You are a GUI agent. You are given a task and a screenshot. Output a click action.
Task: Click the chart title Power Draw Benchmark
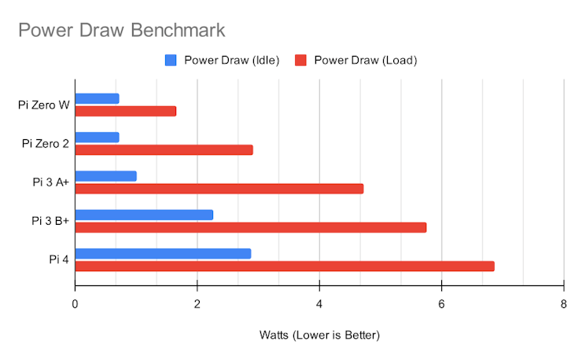(x=121, y=31)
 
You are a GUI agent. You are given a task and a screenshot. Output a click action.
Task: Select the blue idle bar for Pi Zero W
(x=97, y=98)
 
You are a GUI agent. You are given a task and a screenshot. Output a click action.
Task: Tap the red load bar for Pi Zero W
(x=126, y=111)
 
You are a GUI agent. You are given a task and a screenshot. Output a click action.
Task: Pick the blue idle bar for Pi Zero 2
(x=97, y=138)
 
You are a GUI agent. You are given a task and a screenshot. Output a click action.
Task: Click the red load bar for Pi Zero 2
(x=164, y=149)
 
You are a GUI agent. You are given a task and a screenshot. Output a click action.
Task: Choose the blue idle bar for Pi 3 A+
(x=105, y=176)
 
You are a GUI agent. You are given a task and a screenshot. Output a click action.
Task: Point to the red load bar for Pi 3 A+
(x=219, y=189)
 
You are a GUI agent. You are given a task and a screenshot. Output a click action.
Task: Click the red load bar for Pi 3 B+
(x=251, y=227)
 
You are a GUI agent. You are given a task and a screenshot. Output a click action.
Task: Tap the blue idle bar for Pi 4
(x=163, y=253)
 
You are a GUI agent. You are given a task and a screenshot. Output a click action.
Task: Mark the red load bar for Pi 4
(x=285, y=266)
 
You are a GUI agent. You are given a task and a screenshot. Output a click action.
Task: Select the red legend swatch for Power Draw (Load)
(x=300, y=60)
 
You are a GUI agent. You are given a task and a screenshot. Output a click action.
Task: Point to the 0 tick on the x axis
(x=76, y=304)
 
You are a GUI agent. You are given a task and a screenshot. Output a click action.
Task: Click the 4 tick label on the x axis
(x=319, y=304)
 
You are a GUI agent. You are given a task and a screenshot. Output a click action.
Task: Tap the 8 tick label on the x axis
(x=564, y=304)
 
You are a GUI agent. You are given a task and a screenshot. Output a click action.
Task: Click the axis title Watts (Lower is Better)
(x=319, y=336)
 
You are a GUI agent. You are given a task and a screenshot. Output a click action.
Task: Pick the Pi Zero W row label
(x=43, y=105)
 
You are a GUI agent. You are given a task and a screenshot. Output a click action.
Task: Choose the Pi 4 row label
(x=58, y=259)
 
